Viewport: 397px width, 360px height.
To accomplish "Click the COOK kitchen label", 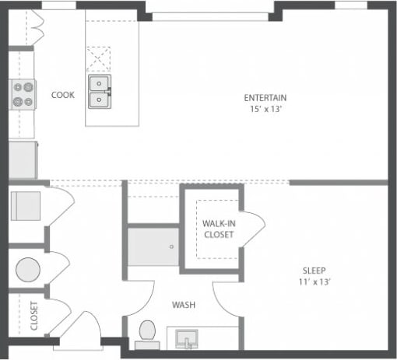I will [63, 95].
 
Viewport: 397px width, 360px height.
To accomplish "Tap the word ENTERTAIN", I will [265, 98].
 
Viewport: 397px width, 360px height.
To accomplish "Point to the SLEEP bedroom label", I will [314, 271].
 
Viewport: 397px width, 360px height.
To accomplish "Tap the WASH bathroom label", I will [184, 305].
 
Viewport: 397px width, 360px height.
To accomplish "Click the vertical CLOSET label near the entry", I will [35, 316].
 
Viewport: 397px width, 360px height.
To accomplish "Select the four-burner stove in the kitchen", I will [23, 94].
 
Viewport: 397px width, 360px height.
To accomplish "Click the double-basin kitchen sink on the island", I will [99, 93].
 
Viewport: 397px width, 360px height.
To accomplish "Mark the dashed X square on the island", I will [99, 59].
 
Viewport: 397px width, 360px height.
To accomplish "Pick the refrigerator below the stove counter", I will [23, 159].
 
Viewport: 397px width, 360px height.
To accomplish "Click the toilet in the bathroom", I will [146, 333].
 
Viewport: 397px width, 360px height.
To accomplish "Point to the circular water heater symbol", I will [28, 270].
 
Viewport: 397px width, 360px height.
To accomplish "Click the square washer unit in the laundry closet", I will [25, 207].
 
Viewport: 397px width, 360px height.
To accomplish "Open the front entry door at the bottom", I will [82, 330].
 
